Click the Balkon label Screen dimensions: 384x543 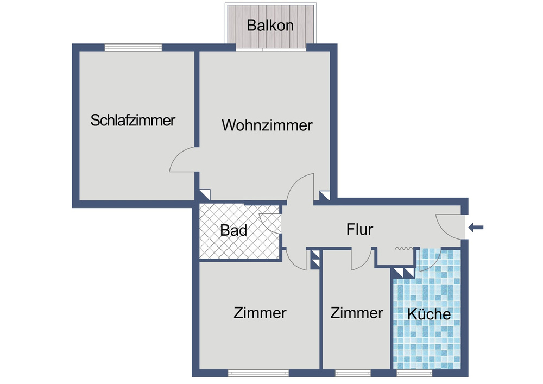(x=270, y=25)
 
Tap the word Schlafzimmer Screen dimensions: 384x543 (x=133, y=120)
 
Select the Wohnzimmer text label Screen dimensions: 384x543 (x=267, y=125)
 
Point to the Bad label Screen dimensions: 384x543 (x=233, y=230)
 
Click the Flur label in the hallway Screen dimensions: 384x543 (x=359, y=229)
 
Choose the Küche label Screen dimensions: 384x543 (x=429, y=314)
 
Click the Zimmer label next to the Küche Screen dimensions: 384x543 (x=357, y=313)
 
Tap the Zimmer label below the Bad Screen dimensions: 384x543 (x=260, y=313)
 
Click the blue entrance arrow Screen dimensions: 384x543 (x=476, y=228)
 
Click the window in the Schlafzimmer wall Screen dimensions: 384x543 (x=134, y=47)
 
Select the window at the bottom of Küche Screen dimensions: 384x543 (x=414, y=373)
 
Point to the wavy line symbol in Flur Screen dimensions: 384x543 (x=402, y=249)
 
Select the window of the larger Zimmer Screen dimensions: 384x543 (x=258, y=373)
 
